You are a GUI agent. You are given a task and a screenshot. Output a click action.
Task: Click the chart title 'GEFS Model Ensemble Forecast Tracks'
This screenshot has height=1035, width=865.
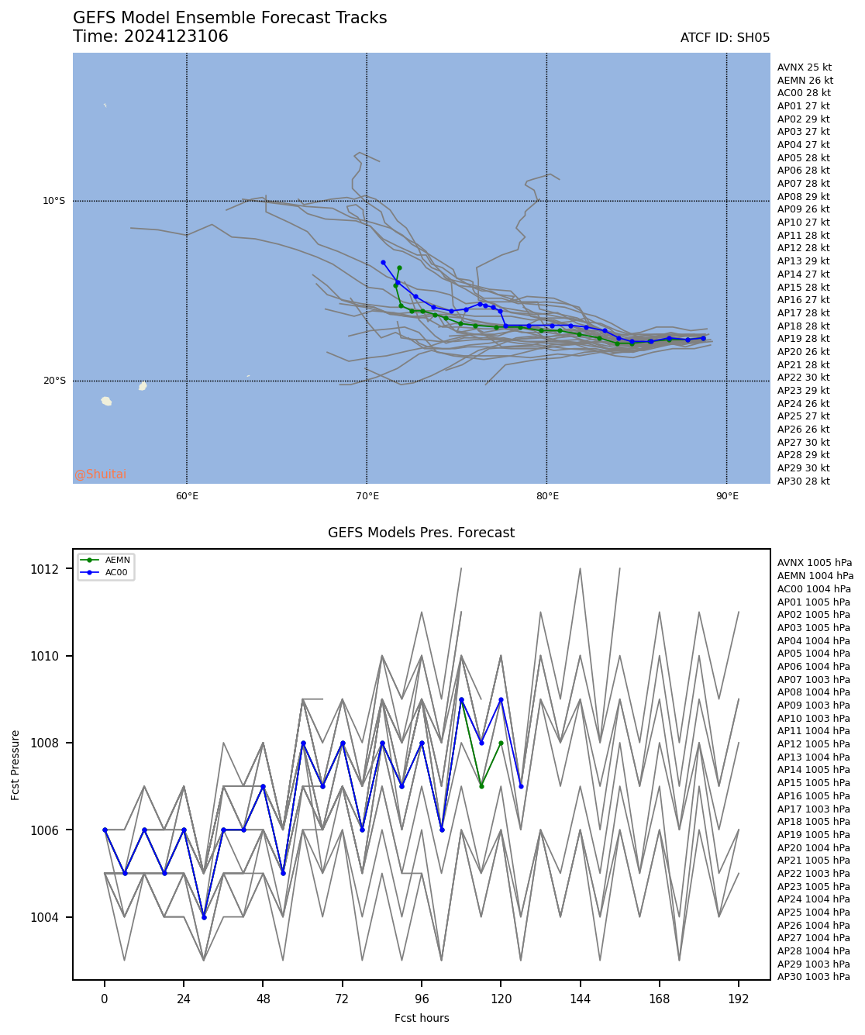click(229, 18)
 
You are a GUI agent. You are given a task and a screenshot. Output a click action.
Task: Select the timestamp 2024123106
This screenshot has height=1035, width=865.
click(176, 36)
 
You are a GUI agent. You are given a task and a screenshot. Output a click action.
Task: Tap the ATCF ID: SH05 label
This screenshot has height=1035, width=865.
click(725, 38)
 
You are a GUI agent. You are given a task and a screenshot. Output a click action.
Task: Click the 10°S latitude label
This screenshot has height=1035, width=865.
click(53, 201)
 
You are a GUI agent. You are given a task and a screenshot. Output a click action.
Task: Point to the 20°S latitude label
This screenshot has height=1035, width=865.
click(53, 381)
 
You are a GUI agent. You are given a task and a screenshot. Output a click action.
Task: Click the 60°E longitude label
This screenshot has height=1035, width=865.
click(187, 496)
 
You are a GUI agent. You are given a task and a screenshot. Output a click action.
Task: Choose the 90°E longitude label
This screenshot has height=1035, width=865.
click(726, 496)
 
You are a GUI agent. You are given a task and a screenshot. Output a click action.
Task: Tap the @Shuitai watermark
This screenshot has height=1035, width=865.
click(100, 474)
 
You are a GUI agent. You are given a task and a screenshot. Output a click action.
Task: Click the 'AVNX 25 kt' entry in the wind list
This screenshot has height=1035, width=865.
click(804, 67)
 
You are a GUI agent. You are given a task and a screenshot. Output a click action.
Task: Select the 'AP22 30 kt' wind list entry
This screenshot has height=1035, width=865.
click(803, 378)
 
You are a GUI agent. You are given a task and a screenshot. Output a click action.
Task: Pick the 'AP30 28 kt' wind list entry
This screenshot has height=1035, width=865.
click(803, 481)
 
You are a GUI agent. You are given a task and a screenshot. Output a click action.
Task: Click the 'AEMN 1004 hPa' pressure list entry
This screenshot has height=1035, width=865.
click(815, 576)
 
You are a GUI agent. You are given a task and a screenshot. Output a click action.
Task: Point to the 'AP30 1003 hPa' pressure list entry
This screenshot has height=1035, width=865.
click(813, 977)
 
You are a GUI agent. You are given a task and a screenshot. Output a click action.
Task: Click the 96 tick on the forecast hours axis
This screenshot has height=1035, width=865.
click(422, 999)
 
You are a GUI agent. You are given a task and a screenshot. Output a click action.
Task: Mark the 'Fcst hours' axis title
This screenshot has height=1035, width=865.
click(422, 1018)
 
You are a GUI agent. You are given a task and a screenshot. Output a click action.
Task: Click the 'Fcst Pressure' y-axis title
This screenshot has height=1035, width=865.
click(16, 764)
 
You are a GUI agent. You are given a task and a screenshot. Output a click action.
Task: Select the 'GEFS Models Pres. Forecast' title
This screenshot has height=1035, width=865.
click(421, 533)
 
